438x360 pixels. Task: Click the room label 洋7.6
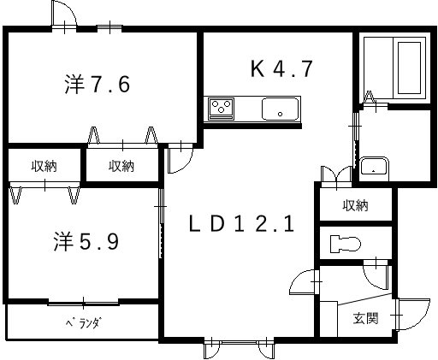point(98,85)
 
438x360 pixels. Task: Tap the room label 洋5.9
point(86,241)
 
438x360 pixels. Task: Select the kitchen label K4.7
point(281,68)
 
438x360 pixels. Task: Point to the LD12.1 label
point(241,224)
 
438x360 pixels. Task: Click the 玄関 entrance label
point(365,318)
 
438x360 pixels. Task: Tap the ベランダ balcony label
point(84,323)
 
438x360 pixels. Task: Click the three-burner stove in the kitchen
point(221,109)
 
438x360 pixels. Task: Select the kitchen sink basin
point(280,109)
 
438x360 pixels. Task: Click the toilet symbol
point(346,244)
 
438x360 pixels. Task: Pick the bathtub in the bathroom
point(409,68)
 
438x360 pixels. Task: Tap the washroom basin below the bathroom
point(374,166)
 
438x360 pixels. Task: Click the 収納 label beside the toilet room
point(355,205)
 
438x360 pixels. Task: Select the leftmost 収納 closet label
point(44,166)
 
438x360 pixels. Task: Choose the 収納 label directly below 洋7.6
point(121,166)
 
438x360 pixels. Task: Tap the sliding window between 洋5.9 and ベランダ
point(83,304)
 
